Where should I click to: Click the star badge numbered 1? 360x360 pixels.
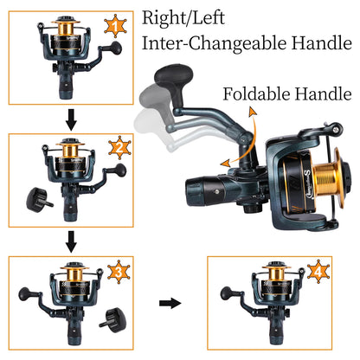tap(115, 26)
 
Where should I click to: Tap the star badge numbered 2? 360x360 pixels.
tap(119, 148)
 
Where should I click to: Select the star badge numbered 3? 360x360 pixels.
tap(119, 272)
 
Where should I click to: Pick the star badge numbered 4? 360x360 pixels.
tap(318, 272)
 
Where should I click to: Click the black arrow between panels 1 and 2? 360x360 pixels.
tap(71, 119)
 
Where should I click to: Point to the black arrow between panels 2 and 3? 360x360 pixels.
tap(71, 241)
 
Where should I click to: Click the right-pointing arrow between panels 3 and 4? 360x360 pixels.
tap(170, 303)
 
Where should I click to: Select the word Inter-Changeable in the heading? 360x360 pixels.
tap(214, 43)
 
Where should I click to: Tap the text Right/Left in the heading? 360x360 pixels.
tap(183, 18)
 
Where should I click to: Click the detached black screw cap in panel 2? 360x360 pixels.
tap(39, 199)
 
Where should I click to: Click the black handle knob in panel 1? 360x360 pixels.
tap(116, 48)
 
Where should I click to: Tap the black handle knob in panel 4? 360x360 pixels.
tap(227, 293)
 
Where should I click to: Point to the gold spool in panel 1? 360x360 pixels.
tap(66, 28)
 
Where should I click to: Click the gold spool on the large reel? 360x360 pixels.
tap(328, 177)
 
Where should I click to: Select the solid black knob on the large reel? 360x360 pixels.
tap(173, 75)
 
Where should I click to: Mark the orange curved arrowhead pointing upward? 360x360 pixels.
tap(253, 112)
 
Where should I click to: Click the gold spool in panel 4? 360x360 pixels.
tap(276, 273)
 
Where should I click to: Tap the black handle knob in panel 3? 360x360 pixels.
tap(25, 294)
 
